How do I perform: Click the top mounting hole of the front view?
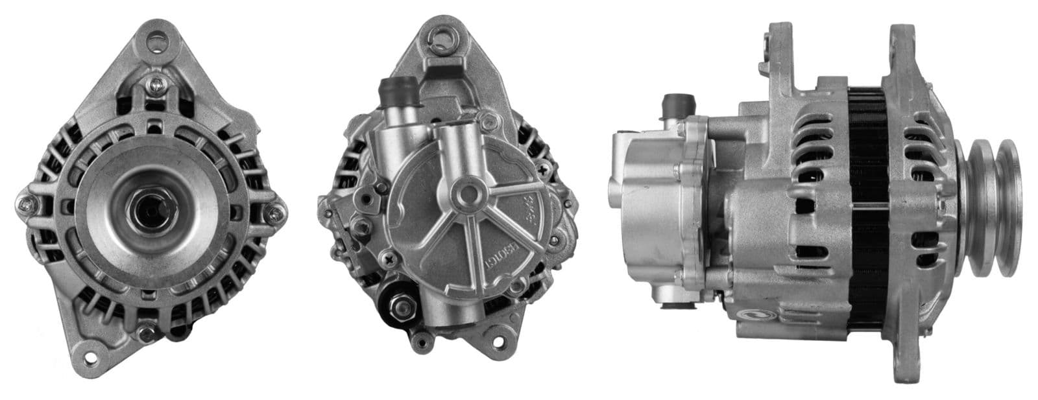click(155, 43)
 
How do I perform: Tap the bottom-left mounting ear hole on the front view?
click(93, 357)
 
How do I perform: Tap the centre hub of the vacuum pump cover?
click(465, 192)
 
